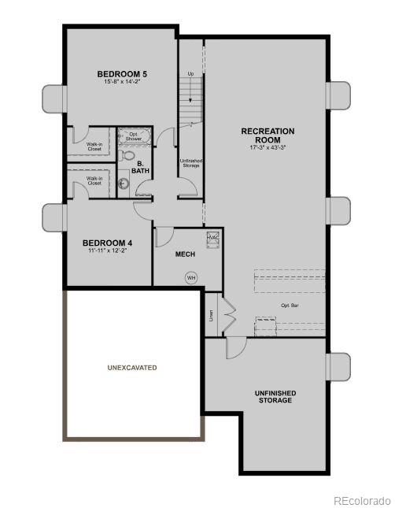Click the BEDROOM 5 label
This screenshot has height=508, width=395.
122,74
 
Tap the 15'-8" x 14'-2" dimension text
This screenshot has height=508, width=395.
122,82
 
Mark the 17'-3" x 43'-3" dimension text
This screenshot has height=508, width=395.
268,147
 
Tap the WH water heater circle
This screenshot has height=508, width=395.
190,277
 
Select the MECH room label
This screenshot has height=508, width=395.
185,254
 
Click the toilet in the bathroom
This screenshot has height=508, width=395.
127,154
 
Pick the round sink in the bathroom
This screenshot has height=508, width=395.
124,185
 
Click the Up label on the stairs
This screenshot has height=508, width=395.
190,74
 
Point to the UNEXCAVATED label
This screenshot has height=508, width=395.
132,368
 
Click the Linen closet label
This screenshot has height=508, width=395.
211,315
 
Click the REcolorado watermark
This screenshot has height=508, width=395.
360,500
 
